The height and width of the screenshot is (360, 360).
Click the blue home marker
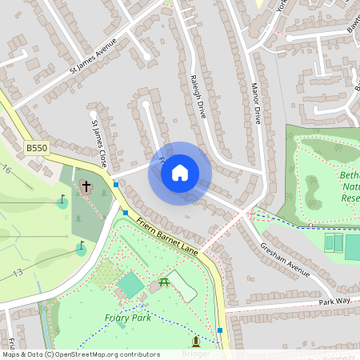click(180, 173)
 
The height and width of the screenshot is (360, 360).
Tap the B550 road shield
click(36, 148)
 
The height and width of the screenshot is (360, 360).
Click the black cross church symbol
click(86, 187)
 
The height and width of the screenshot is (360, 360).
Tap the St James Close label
click(98, 143)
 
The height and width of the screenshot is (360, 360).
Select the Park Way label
click(335, 301)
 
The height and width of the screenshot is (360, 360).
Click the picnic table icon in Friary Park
click(164, 281)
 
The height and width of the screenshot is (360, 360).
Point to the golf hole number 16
click(6, 170)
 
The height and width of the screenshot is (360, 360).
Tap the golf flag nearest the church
click(62, 201)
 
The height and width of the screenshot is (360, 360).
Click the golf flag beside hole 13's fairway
click(81, 248)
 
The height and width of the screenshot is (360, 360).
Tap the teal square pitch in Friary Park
click(130, 284)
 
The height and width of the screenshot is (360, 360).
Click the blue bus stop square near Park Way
click(219, 330)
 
